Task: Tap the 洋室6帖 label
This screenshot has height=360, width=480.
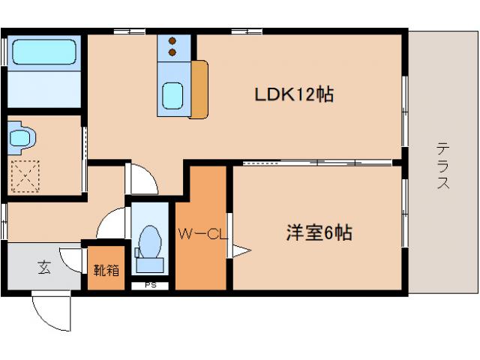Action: tap(318, 233)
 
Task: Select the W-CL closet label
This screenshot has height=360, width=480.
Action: tap(202, 233)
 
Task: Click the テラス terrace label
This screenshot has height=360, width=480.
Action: tap(443, 166)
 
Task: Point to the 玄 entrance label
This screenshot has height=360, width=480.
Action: tap(44, 267)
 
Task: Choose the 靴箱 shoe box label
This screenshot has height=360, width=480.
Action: tap(105, 269)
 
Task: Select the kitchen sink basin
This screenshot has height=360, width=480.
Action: tap(172, 96)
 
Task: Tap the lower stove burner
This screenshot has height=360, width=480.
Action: tap(173, 52)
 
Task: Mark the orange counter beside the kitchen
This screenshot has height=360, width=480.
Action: tap(200, 89)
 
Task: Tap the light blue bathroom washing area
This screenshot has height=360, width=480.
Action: tap(43, 90)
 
